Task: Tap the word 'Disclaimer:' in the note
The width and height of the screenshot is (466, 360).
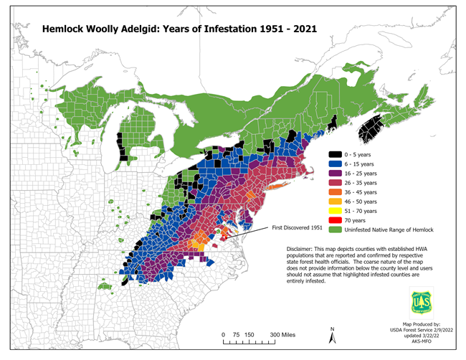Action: point(295,248)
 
